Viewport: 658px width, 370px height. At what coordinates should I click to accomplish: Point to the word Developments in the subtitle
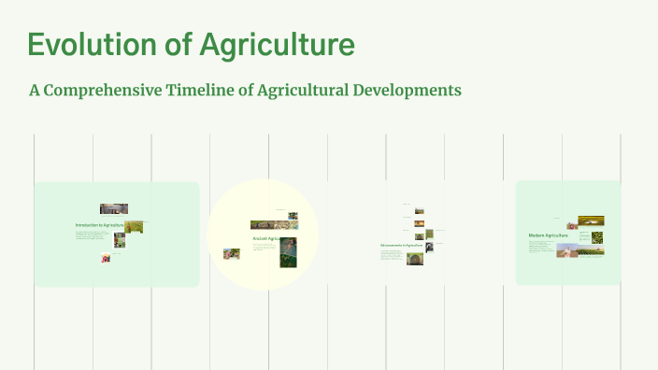click(x=408, y=91)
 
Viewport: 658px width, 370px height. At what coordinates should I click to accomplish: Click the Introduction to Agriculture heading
click(x=99, y=225)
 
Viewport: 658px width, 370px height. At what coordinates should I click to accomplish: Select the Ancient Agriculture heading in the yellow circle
click(x=266, y=238)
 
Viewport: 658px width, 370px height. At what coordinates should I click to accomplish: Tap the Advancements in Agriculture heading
click(x=402, y=246)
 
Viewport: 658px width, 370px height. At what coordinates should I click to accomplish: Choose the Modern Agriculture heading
click(x=549, y=235)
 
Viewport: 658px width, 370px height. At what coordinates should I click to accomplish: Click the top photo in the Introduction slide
click(x=114, y=209)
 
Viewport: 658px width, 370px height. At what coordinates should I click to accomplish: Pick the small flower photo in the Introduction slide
click(x=106, y=258)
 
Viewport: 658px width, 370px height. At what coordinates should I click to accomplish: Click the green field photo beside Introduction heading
click(x=135, y=227)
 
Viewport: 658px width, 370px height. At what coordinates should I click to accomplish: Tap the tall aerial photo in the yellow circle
click(x=289, y=252)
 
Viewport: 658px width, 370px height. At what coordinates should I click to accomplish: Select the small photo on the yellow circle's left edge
click(x=231, y=253)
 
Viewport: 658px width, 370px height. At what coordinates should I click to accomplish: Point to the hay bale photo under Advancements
click(x=414, y=258)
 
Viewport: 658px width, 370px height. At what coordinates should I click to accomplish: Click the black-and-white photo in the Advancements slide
click(x=429, y=248)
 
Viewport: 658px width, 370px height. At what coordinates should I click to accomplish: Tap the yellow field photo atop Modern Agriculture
click(x=591, y=221)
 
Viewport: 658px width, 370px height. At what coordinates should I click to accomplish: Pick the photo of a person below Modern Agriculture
click(x=567, y=250)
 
